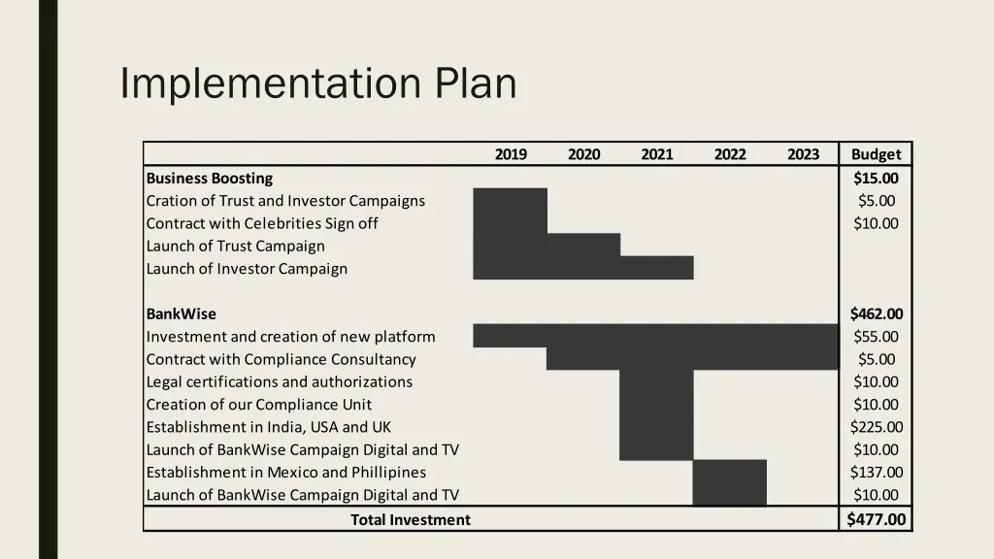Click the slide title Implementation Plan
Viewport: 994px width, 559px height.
[x=317, y=83]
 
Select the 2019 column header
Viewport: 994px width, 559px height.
[x=511, y=154]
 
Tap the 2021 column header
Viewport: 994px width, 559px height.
[x=656, y=154]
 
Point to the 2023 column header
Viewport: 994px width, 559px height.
[x=803, y=154]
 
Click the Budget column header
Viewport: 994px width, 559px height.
[x=876, y=154]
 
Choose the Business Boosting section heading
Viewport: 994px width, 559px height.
[x=210, y=179]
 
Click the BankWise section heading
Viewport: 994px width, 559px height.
[x=182, y=314]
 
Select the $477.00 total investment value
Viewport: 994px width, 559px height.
[x=876, y=519]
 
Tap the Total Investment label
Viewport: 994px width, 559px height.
[x=410, y=520]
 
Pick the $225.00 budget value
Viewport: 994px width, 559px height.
[x=876, y=427]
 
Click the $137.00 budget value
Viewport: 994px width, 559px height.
[x=876, y=473]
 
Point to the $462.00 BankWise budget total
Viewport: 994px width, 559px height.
[x=876, y=314]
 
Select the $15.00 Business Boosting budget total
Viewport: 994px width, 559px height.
[x=876, y=179]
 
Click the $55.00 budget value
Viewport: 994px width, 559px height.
[x=876, y=337]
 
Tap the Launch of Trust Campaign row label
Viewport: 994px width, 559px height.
[x=236, y=247]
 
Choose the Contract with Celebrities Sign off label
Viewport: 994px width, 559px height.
[x=262, y=224]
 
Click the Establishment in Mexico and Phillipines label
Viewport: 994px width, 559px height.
[x=286, y=473]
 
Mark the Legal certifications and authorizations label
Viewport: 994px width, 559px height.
[x=280, y=382]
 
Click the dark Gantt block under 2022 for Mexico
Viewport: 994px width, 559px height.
[x=729, y=483]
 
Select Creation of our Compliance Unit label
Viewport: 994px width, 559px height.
[x=259, y=405]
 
